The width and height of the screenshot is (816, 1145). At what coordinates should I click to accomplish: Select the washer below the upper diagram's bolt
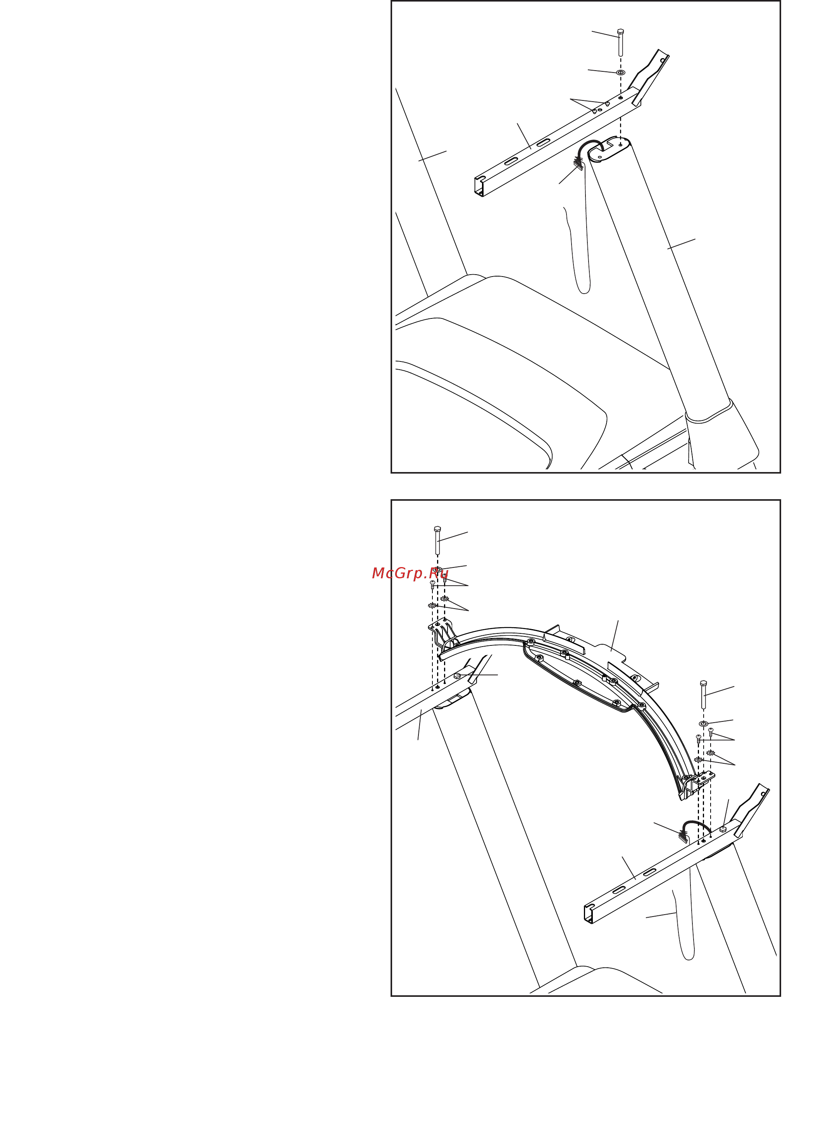[x=621, y=73]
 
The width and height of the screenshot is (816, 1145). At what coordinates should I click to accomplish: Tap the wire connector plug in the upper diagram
[x=578, y=163]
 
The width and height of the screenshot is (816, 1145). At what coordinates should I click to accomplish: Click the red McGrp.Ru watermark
[x=410, y=573]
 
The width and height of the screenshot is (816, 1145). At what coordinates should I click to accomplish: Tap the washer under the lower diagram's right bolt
[x=704, y=724]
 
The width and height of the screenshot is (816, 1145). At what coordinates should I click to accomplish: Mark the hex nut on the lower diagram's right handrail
[x=723, y=829]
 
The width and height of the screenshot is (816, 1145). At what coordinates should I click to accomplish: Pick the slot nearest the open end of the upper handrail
[x=511, y=161]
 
